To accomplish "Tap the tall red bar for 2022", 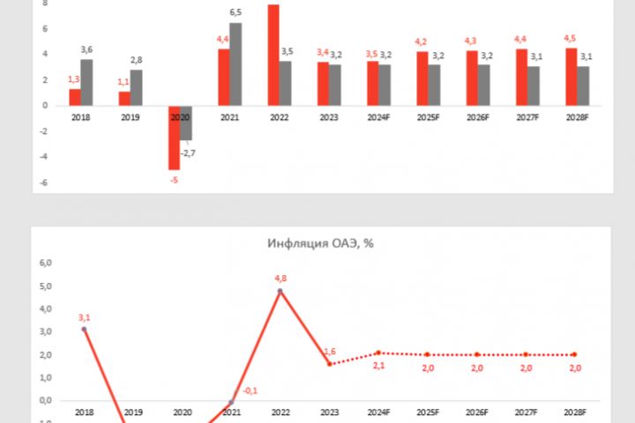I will point(273,56).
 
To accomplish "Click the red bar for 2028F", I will point(571,77).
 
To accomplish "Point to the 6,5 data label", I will point(235,12).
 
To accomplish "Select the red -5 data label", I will point(174,180).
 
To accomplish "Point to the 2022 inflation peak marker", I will point(280,291).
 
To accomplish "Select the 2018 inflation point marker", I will point(84,330).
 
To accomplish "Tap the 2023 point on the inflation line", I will point(329,364).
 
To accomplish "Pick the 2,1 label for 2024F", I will point(379,365).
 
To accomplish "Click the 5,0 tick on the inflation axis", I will point(45,286).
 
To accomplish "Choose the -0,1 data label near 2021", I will point(250,391).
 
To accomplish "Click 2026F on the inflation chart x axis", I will point(477,412).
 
